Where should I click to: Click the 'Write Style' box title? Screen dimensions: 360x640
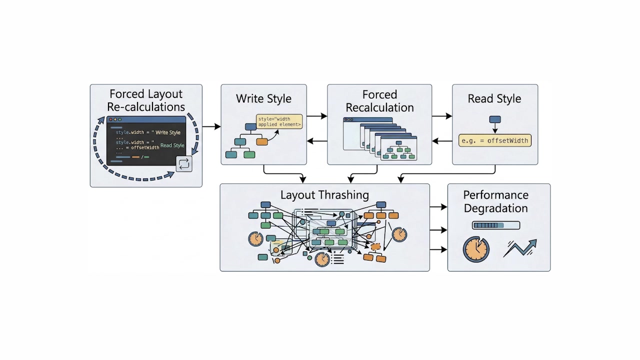[263, 98]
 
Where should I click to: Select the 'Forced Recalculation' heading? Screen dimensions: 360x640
[379, 101]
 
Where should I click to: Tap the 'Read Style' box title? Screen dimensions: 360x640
[494, 98]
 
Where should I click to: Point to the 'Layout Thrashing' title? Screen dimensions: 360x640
[324, 195]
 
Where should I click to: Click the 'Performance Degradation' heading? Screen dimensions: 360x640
[495, 201]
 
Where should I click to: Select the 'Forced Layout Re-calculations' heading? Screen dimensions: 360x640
[146, 100]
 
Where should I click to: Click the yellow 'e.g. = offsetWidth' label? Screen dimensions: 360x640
[494, 140]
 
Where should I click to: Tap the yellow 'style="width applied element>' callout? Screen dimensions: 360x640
[279, 121]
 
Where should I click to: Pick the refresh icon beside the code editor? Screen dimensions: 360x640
[184, 164]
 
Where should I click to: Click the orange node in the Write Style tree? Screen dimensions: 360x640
[262, 141]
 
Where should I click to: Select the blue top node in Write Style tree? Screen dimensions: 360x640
[250, 126]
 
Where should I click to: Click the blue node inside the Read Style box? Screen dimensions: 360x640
[494, 119]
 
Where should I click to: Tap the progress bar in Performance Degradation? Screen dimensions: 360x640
[495, 225]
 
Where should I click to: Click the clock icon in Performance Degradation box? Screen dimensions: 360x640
[475, 249]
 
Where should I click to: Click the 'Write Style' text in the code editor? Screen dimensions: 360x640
[168, 132]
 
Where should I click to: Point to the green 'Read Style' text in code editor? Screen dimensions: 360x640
[172, 145]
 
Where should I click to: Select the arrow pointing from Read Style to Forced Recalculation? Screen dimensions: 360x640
[442, 141]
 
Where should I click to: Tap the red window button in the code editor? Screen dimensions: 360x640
[110, 119]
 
